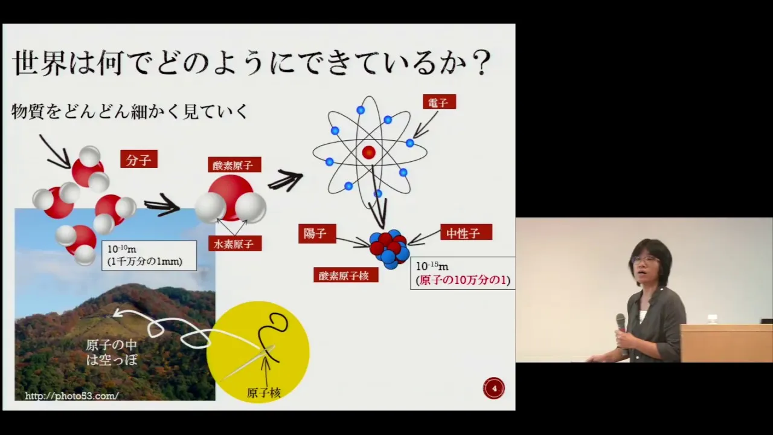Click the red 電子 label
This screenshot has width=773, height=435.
(439, 102)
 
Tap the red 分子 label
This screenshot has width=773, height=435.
(139, 159)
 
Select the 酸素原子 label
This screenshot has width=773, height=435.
(234, 165)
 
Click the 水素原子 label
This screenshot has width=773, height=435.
(235, 243)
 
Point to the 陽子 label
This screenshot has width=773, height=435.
(317, 234)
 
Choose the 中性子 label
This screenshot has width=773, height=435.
(466, 233)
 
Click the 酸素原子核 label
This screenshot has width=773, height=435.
(346, 275)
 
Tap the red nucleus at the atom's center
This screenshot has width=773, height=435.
(368, 152)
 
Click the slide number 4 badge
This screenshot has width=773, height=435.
(494, 388)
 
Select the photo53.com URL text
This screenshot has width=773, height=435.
(72, 396)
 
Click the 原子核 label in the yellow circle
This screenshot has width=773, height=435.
(264, 393)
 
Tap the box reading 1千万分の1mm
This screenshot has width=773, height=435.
(149, 256)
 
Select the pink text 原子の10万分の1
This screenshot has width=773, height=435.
(463, 280)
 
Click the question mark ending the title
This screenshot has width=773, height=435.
(481, 63)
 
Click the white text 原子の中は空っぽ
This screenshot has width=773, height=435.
(112, 352)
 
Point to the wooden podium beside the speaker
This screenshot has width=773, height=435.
(726, 343)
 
